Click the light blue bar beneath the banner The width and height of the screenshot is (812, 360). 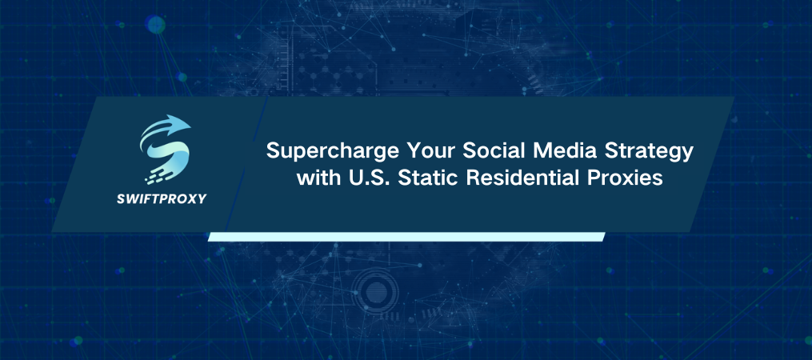406,237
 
